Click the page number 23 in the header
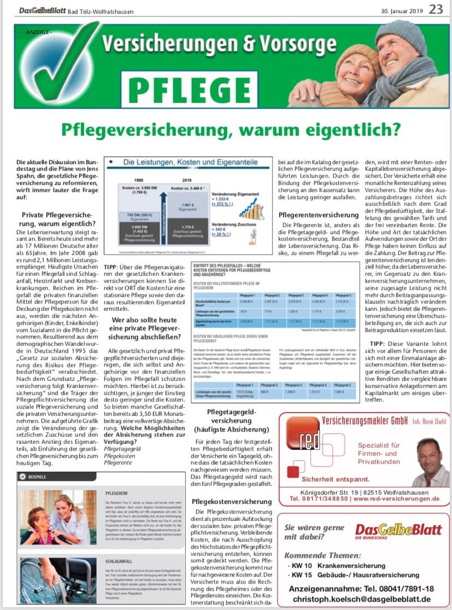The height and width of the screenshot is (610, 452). [436, 9]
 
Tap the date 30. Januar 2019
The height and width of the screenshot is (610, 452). [401, 10]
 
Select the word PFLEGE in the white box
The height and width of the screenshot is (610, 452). [190, 88]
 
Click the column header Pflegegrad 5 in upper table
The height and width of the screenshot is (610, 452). [343, 295]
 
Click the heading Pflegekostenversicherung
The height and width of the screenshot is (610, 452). [231, 502]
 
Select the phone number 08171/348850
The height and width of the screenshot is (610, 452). [321, 498]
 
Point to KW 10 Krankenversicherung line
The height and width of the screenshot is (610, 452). [337, 565]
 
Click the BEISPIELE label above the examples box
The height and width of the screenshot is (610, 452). [38, 477]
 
